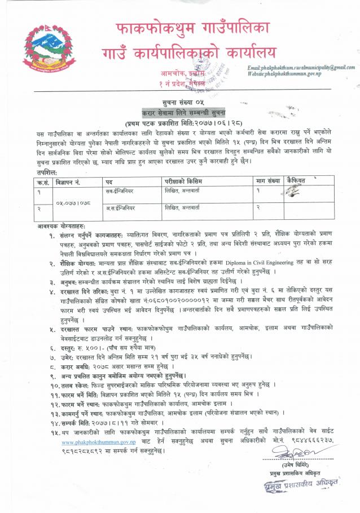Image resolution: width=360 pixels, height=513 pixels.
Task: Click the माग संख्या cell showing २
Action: pyautogui.click(x=259, y=209)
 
